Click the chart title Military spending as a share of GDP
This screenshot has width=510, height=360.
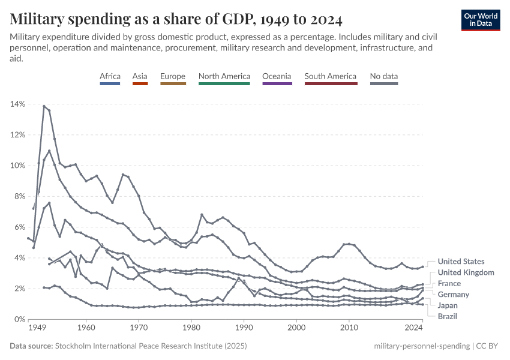coord(176,20)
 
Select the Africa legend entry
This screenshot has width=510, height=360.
coord(110,77)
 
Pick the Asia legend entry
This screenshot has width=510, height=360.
coord(140,77)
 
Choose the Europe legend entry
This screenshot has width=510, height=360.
coord(173,77)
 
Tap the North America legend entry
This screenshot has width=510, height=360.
coord(224,77)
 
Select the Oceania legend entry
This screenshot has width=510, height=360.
coord(277,77)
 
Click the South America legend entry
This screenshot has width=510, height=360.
coord(330,77)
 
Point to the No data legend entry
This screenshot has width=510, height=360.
coord(384,77)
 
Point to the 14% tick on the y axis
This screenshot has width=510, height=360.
coord(17,104)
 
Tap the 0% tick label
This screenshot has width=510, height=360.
coord(19,319)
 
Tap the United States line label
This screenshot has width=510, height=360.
coord(461,262)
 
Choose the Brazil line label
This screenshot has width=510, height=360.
coord(449,316)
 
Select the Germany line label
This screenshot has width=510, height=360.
coord(453,295)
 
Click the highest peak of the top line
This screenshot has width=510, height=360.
coord(44,106)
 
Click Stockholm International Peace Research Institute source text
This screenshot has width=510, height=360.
coord(150,346)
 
